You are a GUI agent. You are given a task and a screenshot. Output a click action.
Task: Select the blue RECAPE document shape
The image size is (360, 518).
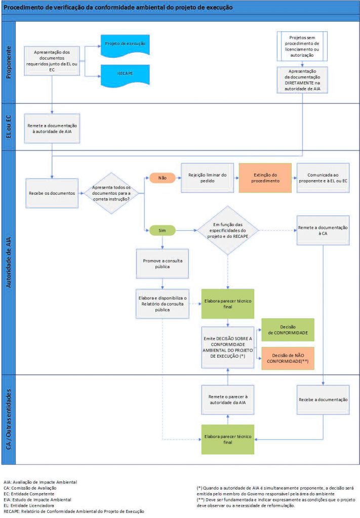click(124, 74)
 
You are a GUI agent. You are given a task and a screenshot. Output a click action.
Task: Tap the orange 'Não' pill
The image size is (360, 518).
click(162, 178)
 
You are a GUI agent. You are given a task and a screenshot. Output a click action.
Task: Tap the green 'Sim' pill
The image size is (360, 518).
click(162, 231)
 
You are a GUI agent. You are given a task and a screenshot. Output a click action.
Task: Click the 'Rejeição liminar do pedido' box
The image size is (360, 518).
click(207, 178)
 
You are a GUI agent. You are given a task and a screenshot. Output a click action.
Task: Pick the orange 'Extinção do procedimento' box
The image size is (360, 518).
click(265, 178)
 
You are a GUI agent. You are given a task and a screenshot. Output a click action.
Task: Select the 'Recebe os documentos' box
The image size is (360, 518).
click(52, 193)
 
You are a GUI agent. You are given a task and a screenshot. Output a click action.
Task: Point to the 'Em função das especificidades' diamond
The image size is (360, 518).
click(227, 231)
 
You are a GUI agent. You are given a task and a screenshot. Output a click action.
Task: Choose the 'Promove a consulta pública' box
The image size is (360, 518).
click(162, 264)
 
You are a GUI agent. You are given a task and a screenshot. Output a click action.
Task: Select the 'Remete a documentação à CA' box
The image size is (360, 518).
click(323, 231)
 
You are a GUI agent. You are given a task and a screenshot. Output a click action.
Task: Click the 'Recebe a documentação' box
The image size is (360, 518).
click(323, 400)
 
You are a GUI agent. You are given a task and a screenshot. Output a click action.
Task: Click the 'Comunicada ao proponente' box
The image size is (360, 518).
click(323, 178)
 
